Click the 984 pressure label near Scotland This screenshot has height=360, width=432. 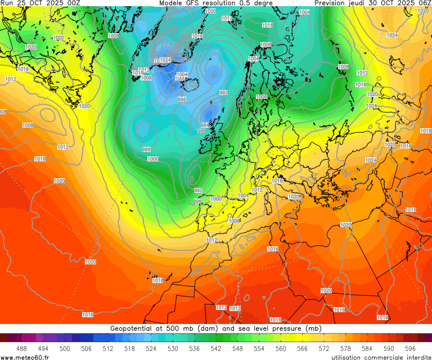205,125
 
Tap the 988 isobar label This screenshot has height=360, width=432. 202,132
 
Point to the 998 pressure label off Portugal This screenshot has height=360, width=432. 197,201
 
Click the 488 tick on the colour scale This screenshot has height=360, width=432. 22,349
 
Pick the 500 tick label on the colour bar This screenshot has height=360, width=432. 65,349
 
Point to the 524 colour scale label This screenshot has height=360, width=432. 151,349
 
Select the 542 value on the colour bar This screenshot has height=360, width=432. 216,349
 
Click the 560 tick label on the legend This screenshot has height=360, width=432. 281,349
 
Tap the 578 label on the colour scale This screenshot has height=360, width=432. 345,349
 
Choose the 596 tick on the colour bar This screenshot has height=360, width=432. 410,349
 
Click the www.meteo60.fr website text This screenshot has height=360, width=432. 25,357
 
